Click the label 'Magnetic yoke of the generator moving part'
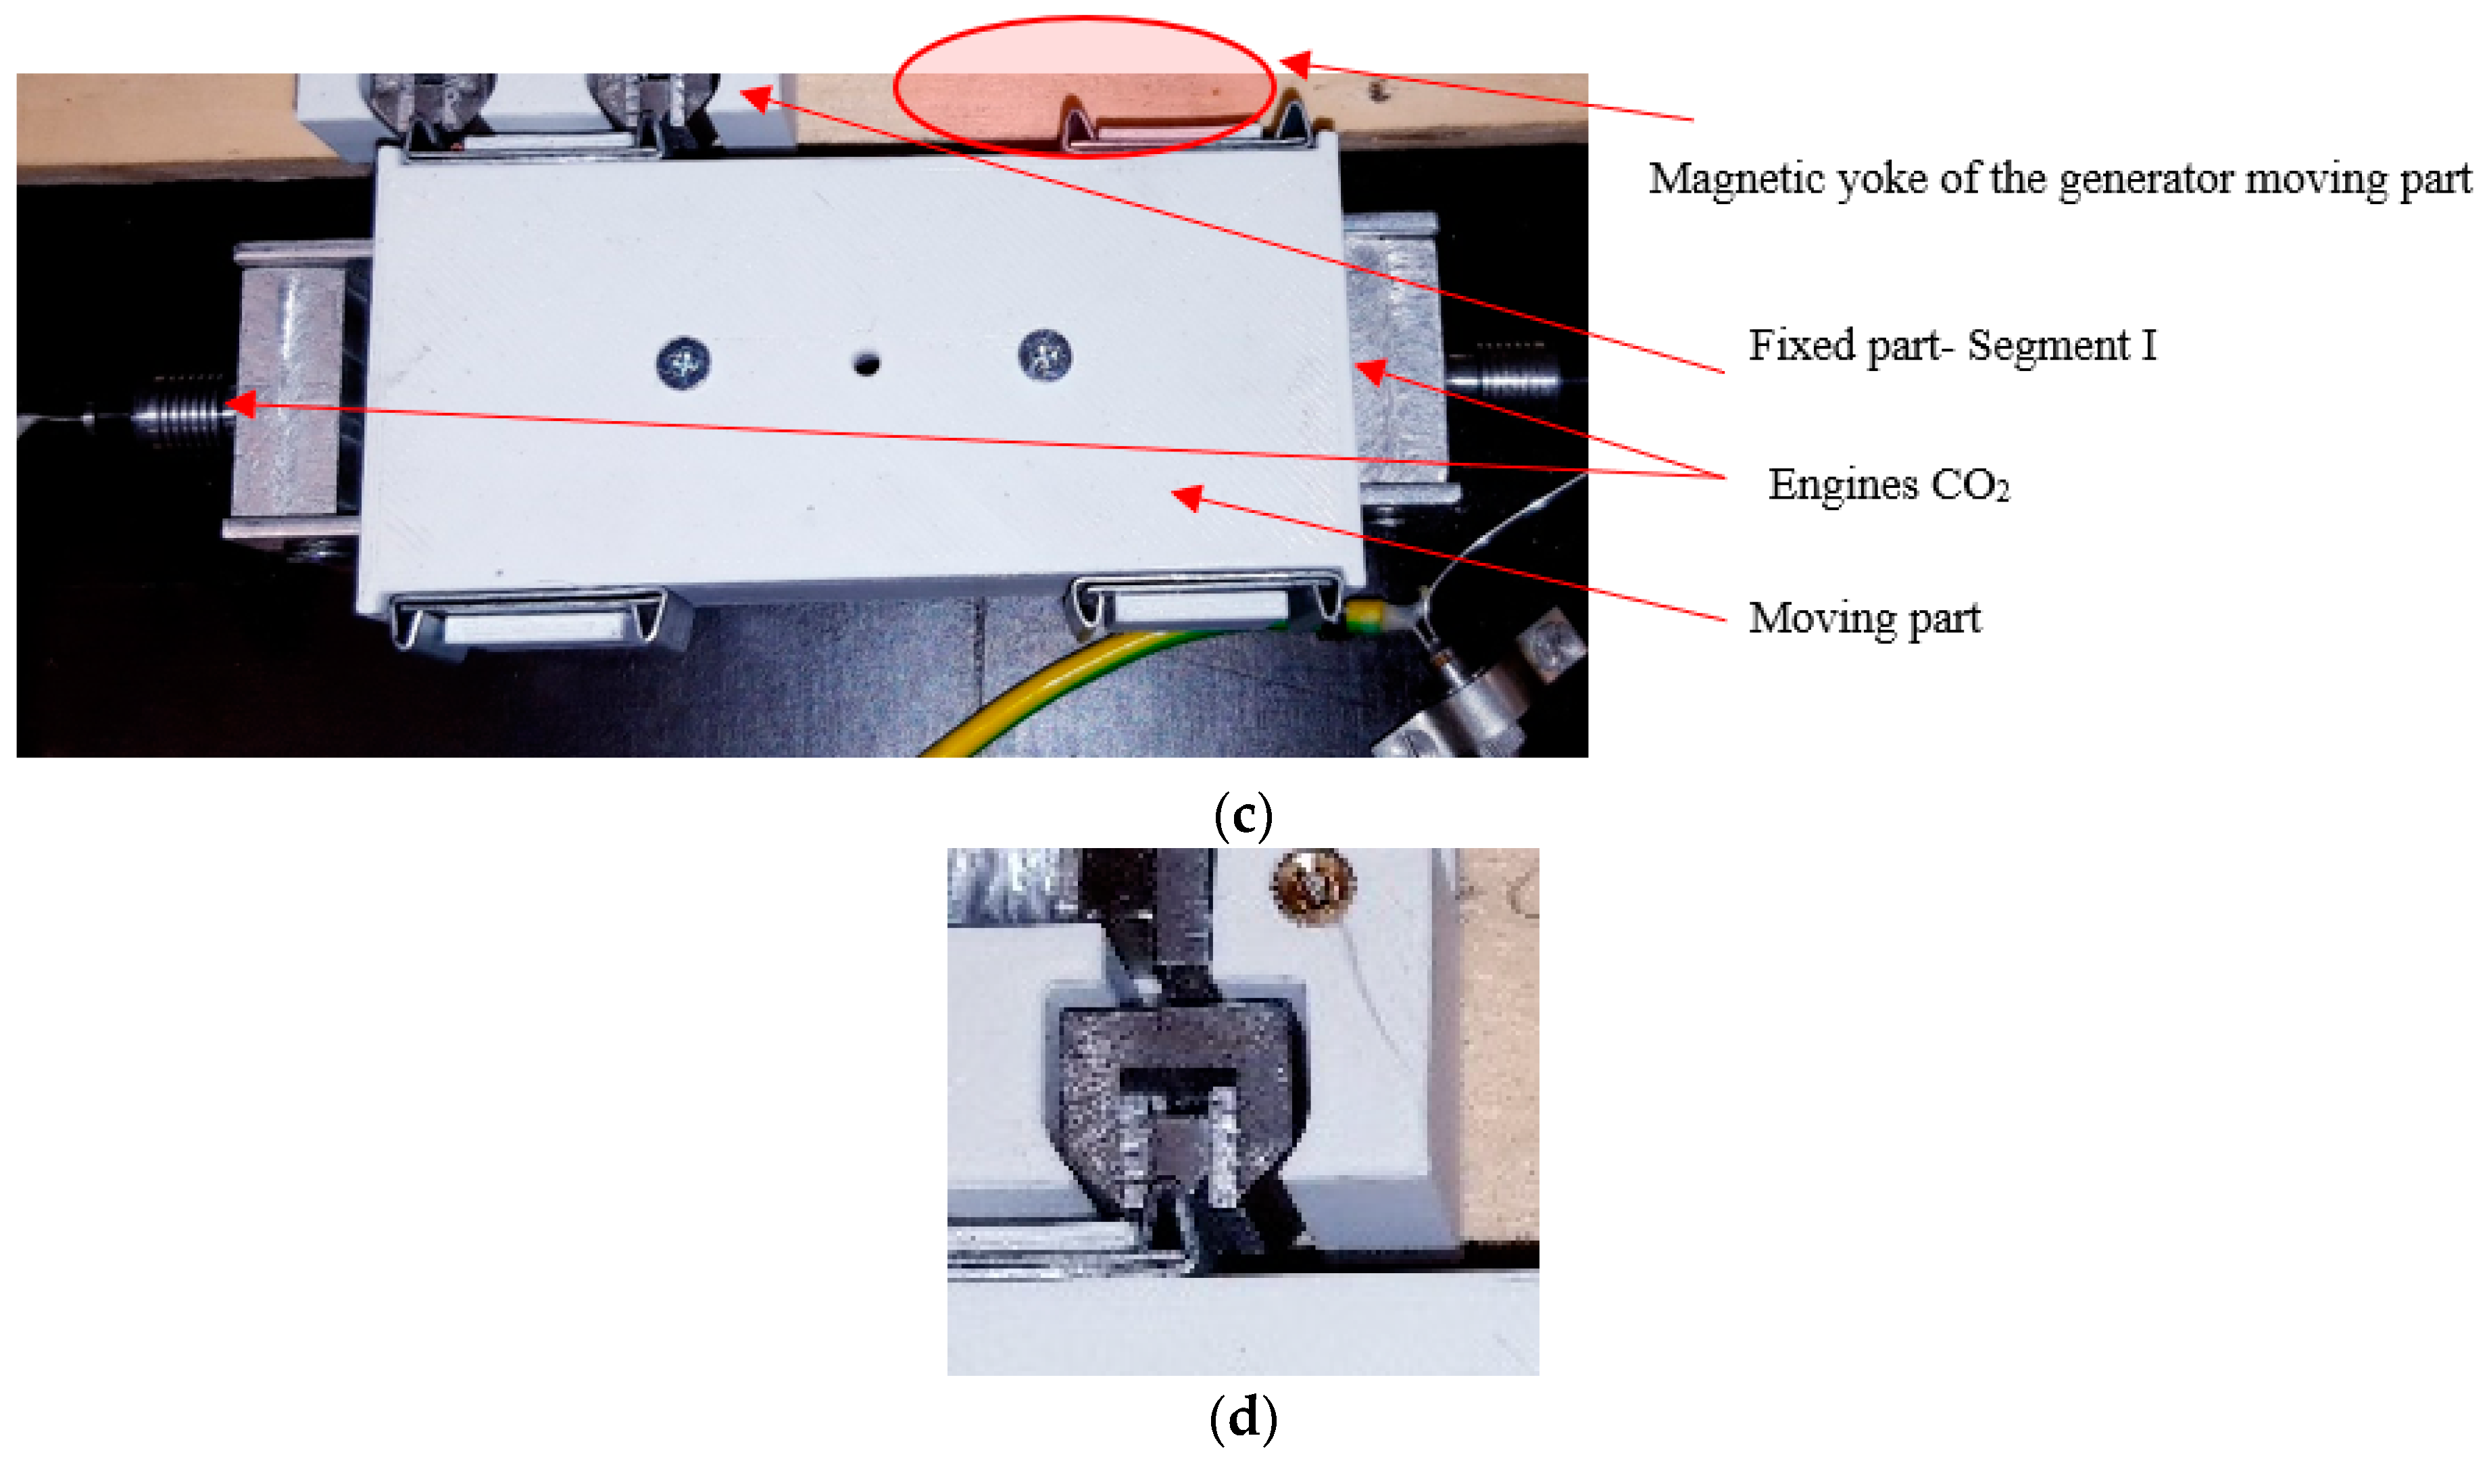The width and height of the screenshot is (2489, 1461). [2059, 180]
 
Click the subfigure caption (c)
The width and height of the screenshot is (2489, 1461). [1243, 815]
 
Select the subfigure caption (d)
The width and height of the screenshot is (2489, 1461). [1243, 1418]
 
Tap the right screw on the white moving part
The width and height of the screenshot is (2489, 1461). [1045, 353]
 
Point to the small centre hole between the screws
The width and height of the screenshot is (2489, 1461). [866, 364]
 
